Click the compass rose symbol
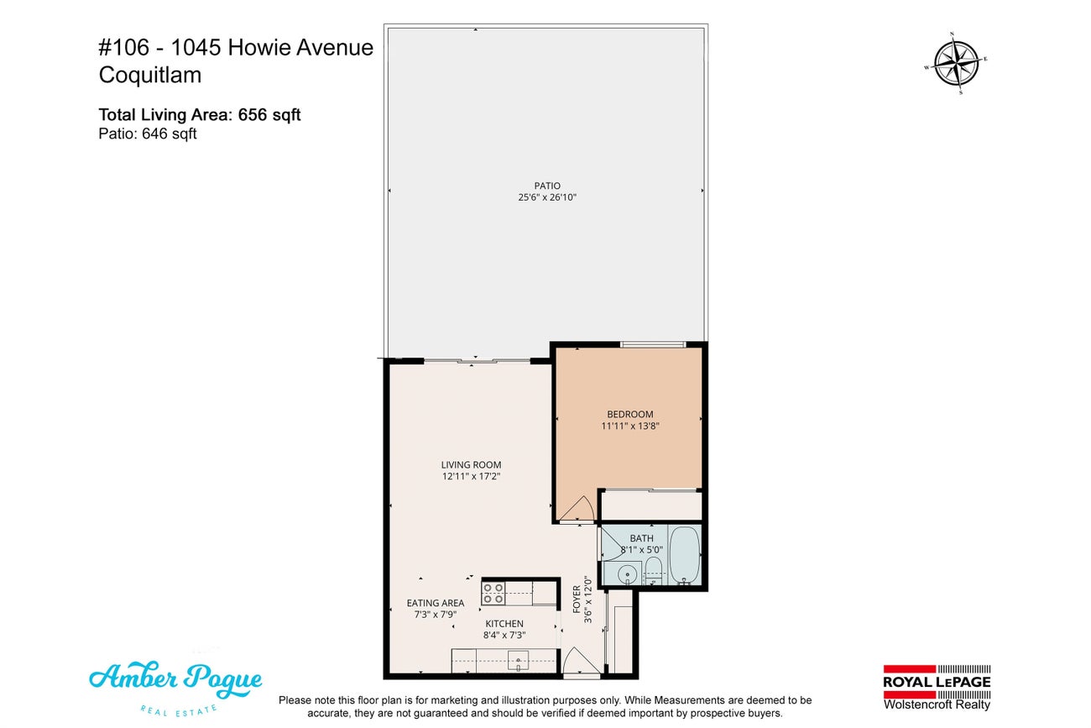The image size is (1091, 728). click(957, 64)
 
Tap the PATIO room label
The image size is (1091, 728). click(546, 186)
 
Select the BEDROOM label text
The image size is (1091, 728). click(629, 414)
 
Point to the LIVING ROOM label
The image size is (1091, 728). click(471, 464)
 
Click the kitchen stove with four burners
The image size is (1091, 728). click(493, 593)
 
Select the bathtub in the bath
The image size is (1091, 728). click(684, 555)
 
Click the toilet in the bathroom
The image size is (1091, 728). click(655, 572)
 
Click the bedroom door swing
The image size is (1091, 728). click(577, 509)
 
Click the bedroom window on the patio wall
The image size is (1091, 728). click(652, 344)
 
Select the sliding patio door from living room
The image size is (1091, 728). click(476, 361)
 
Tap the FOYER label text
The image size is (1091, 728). click(577, 600)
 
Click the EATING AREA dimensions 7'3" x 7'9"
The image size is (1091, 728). click(435, 615)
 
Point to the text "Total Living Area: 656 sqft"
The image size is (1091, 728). click(200, 115)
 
